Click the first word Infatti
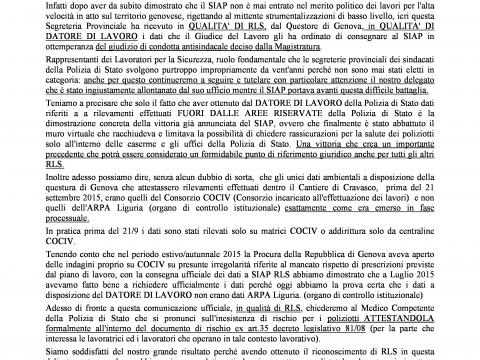(x=53, y=7)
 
